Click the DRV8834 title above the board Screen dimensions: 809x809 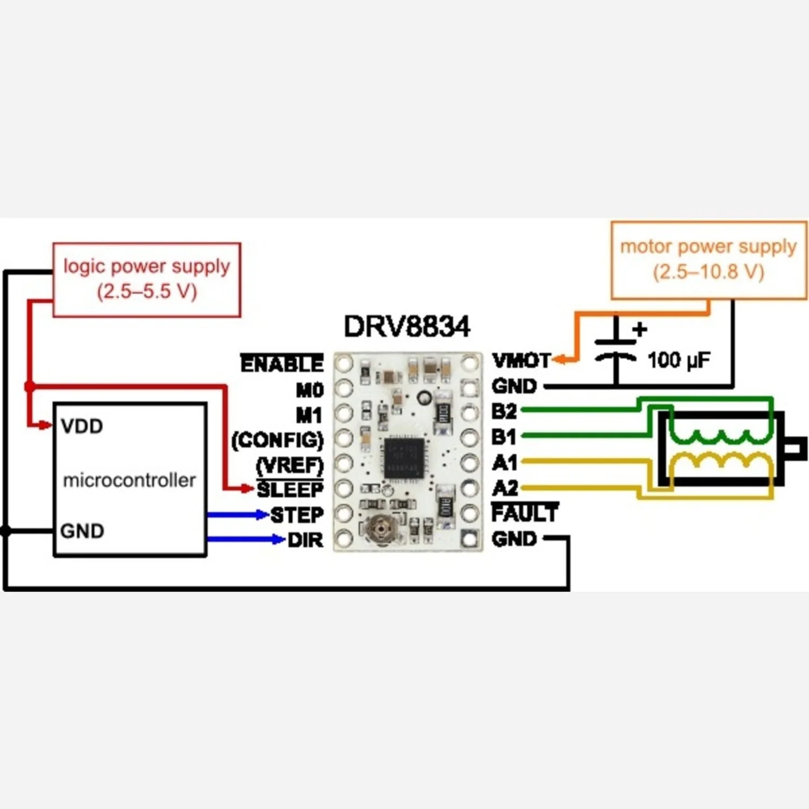point(407,326)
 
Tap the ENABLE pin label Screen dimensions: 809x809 point(282,364)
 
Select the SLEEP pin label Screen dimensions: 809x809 point(290,490)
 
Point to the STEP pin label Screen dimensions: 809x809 point(297,515)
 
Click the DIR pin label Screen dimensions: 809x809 point(305,540)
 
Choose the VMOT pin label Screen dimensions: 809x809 point(521,360)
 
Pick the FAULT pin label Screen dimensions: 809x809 point(525,513)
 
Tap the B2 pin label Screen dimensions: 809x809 point(504,412)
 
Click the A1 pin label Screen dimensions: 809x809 point(504,462)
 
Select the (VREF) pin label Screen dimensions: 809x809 point(290,465)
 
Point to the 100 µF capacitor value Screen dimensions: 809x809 point(678,360)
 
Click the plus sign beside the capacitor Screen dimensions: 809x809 point(640,329)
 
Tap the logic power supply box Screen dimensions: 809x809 point(147,279)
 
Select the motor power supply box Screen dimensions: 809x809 point(709,260)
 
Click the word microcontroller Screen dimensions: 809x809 point(129,480)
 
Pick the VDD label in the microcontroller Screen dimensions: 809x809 point(82,426)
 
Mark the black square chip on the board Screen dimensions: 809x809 point(404,458)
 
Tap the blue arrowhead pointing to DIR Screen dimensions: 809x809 point(278,539)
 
